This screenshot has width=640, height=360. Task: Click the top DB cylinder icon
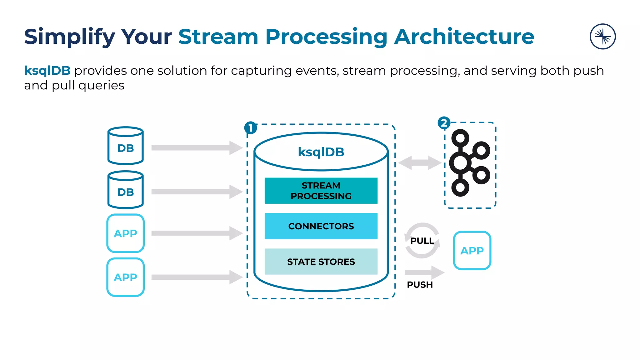[x=125, y=146]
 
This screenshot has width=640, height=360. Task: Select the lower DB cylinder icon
[x=125, y=190]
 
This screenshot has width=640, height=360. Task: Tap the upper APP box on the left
[x=125, y=233]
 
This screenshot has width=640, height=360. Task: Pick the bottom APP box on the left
[x=125, y=277]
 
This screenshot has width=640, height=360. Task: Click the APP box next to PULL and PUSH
[x=472, y=250]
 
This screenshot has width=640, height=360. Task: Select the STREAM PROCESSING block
[x=321, y=191]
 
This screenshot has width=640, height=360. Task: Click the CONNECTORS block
[x=321, y=226]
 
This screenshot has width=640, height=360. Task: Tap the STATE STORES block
[x=321, y=262]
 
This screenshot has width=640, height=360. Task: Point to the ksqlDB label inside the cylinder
[x=321, y=152]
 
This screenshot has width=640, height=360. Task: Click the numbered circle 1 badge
[x=251, y=128]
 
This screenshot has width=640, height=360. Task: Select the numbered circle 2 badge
[x=444, y=123]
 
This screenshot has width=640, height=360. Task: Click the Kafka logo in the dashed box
[x=469, y=163]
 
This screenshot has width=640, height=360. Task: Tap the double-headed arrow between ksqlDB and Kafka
[x=420, y=163]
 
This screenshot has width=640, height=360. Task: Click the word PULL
[x=422, y=241]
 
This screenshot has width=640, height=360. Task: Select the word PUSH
[x=420, y=285]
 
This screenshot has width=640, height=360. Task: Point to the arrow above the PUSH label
[x=424, y=272]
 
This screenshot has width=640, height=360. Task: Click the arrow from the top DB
[x=197, y=148]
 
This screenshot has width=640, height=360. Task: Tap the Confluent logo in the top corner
[x=602, y=37]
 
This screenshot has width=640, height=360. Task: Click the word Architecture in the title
[x=464, y=37]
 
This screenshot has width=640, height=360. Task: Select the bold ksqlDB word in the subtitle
[x=47, y=71]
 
